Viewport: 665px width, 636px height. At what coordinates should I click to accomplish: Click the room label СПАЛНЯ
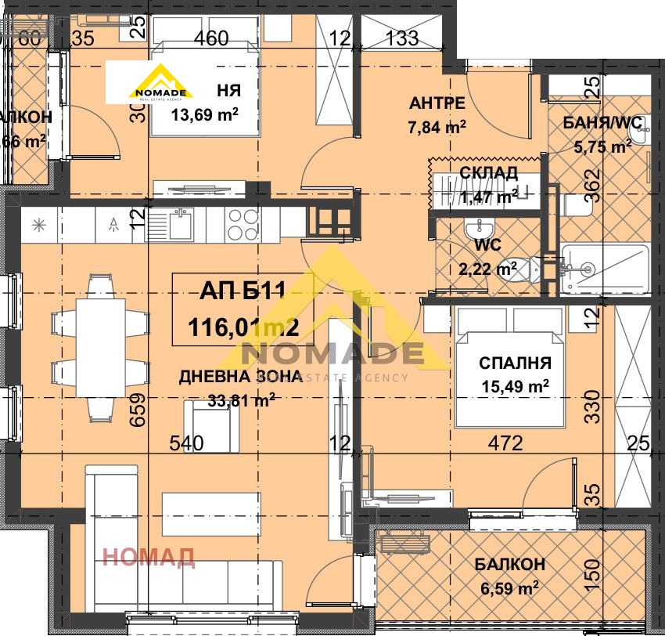(516, 363)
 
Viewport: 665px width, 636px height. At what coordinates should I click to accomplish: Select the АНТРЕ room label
(437, 103)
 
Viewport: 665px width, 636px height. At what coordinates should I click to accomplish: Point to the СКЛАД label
(488, 172)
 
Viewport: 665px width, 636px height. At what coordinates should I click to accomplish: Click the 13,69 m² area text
(204, 113)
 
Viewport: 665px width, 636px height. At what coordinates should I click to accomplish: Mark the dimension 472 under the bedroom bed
(505, 443)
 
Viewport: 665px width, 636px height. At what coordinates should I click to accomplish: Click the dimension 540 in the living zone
(187, 443)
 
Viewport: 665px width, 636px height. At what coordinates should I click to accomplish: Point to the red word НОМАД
(149, 558)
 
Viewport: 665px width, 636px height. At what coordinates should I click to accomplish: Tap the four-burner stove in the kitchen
(243, 224)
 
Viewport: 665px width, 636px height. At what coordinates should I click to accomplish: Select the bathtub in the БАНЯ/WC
(605, 269)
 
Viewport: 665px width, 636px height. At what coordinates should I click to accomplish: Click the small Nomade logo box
(160, 84)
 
